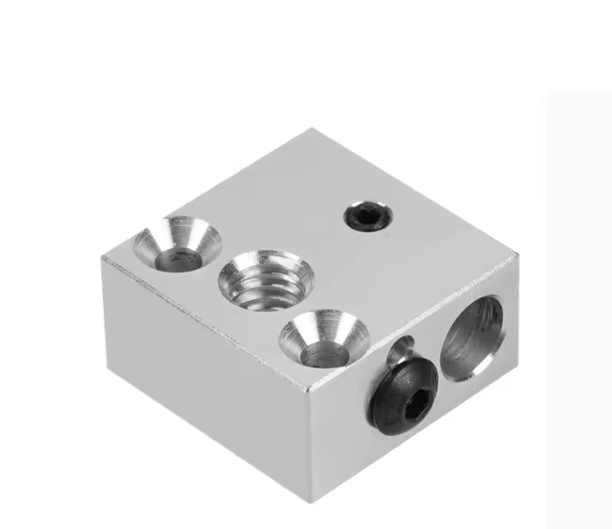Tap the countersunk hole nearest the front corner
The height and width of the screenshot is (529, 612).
324,340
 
